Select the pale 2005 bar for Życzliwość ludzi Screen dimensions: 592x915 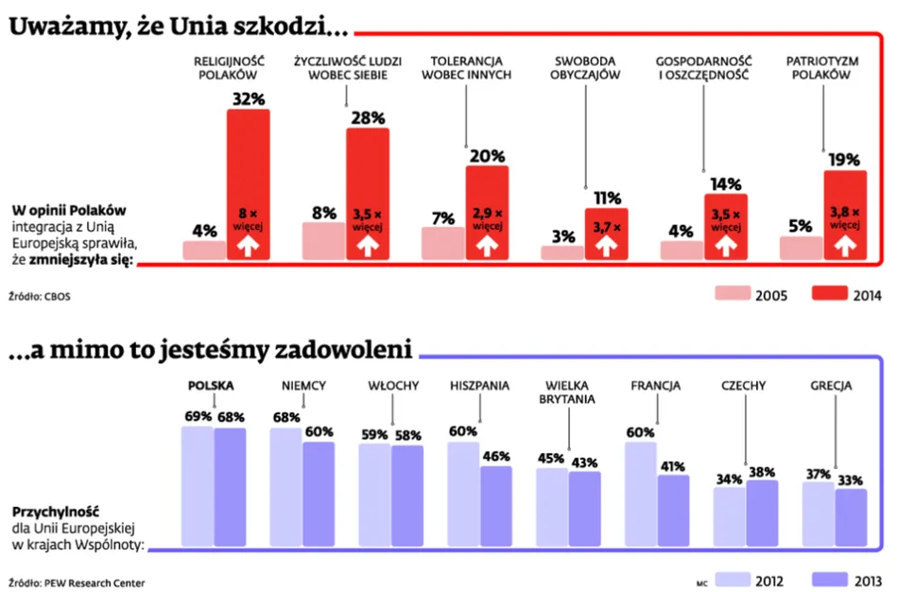[323, 241]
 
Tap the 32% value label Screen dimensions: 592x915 [248, 98]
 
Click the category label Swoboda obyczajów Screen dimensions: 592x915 [585, 68]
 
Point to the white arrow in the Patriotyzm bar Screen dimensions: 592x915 [845, 246]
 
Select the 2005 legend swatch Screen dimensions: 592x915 [731, 293]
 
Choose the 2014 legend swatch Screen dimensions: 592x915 [829, 293]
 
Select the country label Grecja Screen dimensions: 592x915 [831, 386]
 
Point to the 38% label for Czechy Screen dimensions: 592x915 [762, 472]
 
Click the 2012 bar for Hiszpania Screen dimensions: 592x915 [463, 494]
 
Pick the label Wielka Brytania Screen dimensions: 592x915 [568, 392]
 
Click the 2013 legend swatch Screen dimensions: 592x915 [829, 577]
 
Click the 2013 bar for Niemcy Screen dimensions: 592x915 [319, 495]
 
